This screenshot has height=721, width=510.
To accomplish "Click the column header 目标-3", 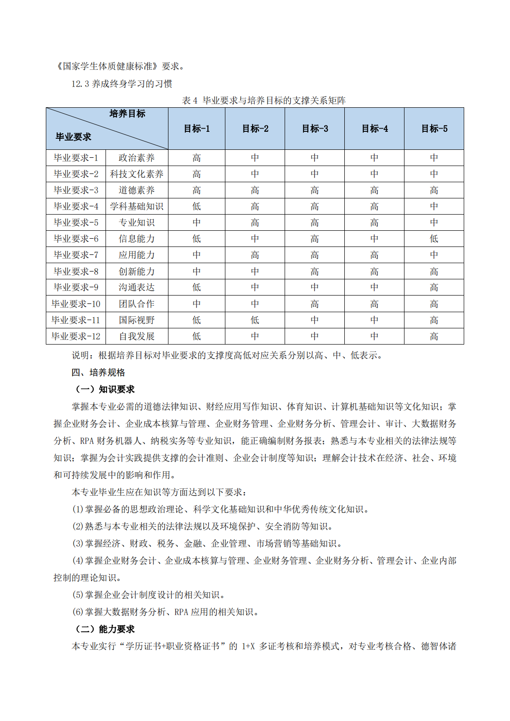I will coord(315,129).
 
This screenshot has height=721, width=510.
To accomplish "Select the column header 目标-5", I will coord(434,129).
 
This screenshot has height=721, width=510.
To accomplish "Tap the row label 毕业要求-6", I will coord(76,239).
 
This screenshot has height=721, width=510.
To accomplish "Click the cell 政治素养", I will coord(137,158).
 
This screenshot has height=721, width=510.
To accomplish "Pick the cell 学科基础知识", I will coord(137,206).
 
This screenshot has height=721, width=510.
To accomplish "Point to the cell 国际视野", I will coord(137,320).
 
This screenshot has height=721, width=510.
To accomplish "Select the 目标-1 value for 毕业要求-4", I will coord(197,206).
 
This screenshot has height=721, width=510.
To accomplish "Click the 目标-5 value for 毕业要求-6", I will coord(434,239).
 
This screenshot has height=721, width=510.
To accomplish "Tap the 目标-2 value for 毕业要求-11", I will coord(255,320).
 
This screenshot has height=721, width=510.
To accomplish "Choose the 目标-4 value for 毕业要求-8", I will coord(374,271).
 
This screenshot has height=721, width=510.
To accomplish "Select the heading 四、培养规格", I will coord(98,372).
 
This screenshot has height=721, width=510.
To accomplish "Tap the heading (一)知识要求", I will coord(105,389).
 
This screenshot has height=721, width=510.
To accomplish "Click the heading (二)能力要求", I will coord(105,629).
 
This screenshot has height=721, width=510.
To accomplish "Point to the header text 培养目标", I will coord(127,114).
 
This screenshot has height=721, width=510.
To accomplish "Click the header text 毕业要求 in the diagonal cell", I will coord(73,137).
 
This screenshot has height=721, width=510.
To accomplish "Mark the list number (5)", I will coord(78,595).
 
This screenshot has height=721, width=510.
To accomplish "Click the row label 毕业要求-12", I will coord(76,336).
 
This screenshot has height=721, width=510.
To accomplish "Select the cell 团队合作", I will coord(137,304).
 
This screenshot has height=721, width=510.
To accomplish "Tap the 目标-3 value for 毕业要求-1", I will coord(315,158).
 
